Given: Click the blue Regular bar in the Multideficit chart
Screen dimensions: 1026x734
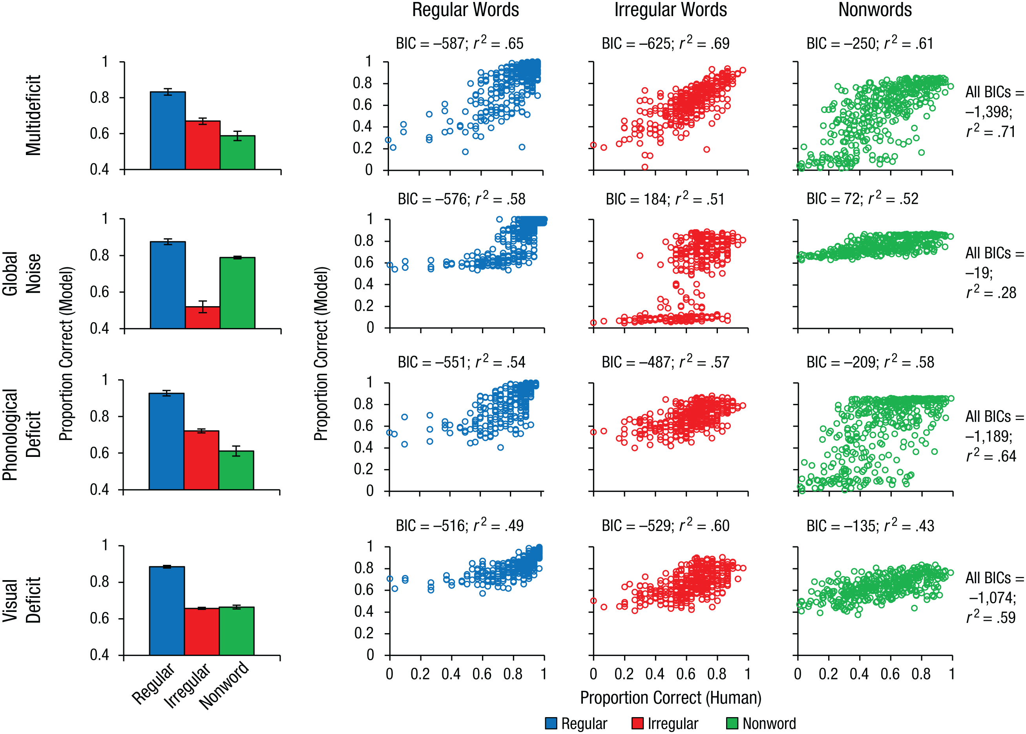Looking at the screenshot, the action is (168, 131).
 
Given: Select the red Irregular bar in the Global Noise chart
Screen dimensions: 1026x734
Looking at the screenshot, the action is (203, 317).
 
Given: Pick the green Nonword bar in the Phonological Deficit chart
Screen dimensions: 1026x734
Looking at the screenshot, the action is (236, 470).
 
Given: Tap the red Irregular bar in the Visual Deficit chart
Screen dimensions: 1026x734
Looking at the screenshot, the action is (202, 632).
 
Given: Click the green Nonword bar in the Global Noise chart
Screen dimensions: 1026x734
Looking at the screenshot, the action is (237, 293).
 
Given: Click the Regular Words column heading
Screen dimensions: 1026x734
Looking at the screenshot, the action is (466, 10).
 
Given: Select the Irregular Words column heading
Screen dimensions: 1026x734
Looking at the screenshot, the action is (671, 10).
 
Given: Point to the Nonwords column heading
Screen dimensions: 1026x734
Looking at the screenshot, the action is (875, 10).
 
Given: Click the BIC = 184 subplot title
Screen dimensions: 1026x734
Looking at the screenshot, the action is (665, 199).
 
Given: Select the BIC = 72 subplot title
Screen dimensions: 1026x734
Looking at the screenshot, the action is (862, 199).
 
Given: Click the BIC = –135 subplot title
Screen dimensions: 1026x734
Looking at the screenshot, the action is (870, 526).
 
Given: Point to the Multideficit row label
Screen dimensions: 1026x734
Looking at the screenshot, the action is (33, 116).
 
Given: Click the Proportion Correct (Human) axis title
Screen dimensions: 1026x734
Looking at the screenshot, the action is (671, 698).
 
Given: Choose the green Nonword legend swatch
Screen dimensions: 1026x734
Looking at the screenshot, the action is (732, 723).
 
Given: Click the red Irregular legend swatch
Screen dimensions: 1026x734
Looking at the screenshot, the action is (637, 723).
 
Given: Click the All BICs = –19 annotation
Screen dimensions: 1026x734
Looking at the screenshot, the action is (994, 273).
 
